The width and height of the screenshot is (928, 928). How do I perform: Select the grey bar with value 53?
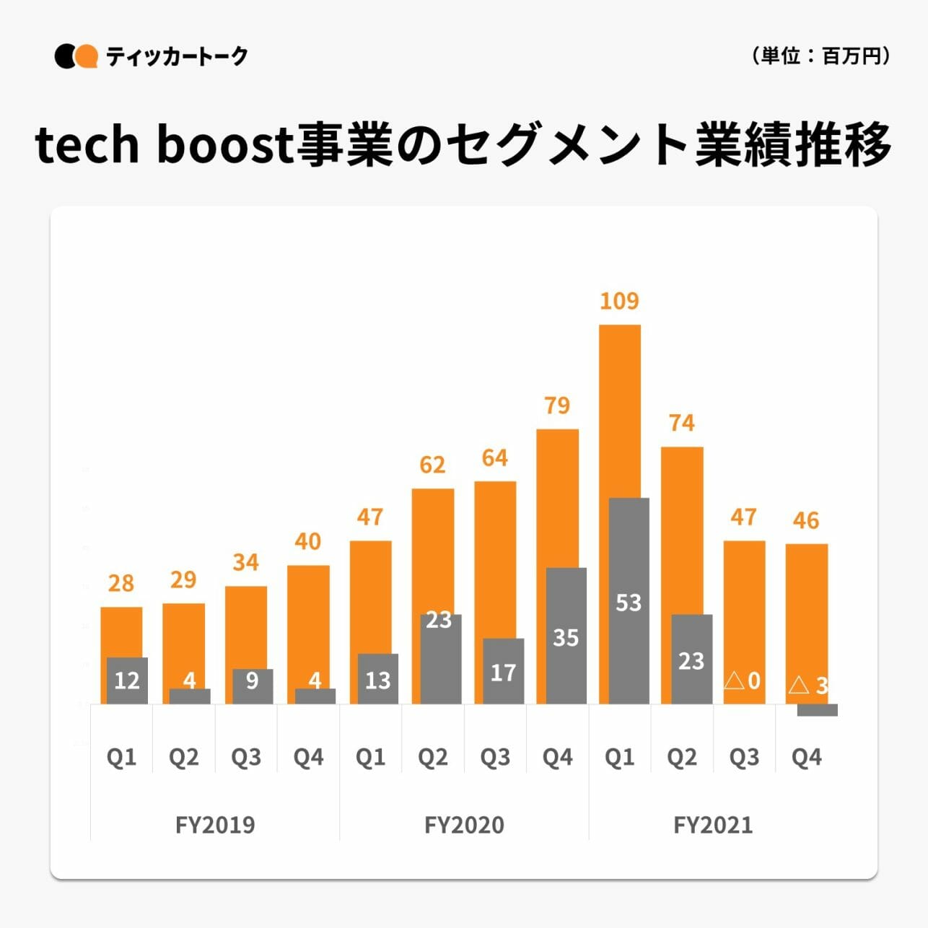coord(629,600)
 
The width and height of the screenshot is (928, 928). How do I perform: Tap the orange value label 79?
coord(557,406)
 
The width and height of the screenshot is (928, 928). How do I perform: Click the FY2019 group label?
coord(215,824)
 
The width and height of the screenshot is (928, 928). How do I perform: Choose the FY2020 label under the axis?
coord(464,824)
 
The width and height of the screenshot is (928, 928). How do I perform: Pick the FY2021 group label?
coord(713,824)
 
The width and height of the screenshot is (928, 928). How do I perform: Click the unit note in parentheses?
coord(820,56)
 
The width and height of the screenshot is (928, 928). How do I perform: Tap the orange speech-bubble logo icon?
coord(87,56)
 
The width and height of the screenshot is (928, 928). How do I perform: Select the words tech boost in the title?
coord(162,145)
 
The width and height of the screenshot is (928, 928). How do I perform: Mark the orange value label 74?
coord(682,423)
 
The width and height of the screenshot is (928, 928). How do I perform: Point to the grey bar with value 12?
coord(127,680)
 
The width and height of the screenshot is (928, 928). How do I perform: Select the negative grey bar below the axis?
coord(817,710)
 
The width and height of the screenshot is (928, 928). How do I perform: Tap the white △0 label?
coord(743,680)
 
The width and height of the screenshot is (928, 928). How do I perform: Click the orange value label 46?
coord(806,520)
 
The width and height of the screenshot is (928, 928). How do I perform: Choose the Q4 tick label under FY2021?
coord(806,757)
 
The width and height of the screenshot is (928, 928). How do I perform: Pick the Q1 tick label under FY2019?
coord(121,757)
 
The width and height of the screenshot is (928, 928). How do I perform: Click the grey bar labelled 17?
coord(503,671)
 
